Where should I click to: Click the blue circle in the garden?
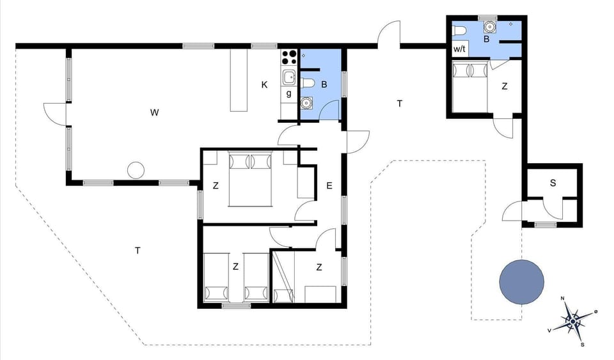coord(521,282)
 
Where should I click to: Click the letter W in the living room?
coord(154,113)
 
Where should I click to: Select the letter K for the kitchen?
coord(264,84)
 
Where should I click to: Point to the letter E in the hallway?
coord(329,186)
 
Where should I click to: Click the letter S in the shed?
coord(553,183)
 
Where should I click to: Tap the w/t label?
coord(459,49)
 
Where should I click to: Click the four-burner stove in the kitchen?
coord(288,57)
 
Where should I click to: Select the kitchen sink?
coord(288,78)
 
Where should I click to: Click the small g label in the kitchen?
coord(288,93)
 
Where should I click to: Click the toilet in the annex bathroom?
coord(459,29)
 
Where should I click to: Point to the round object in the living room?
coord(136,170)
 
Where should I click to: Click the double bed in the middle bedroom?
coord(251,178)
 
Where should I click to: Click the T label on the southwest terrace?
coord(138,250)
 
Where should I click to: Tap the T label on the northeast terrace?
coord(400,103)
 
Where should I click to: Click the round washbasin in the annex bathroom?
coord(490,27)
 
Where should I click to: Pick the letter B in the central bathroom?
coord(324,84)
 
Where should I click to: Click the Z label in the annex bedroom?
coord(505,87)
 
